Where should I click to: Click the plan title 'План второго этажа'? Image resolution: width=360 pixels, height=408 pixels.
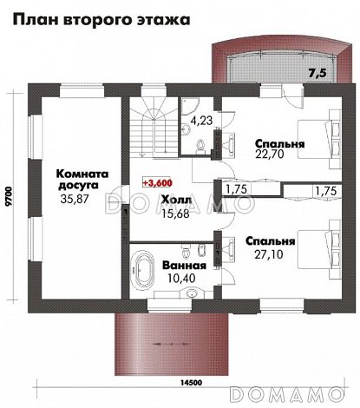tap(101, 20)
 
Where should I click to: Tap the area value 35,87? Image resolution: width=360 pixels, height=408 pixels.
tap(75, 199)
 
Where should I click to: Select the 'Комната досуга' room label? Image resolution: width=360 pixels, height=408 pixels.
tap(82, 180)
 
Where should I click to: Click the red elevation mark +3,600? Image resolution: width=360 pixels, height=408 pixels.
tap(157, 182)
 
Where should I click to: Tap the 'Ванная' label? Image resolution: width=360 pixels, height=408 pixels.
tap(184, 265)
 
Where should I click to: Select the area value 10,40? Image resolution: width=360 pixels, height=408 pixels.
tap(181, 278)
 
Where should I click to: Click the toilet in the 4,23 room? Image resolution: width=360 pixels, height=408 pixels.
tap(200, 146)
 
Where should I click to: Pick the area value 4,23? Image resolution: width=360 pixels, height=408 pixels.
tap(201, 120)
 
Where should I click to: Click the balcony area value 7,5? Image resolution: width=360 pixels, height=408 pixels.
tap(317, 73)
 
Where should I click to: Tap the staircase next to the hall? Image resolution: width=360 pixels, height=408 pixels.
tap(153, 128)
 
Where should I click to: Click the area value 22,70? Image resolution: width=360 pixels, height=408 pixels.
tap(270, 154)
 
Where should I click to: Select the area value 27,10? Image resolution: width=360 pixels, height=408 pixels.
tap(268, 254)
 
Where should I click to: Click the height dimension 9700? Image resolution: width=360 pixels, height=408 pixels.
tap(9, 196)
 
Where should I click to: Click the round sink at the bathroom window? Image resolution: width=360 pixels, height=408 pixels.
tap(191, 294)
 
